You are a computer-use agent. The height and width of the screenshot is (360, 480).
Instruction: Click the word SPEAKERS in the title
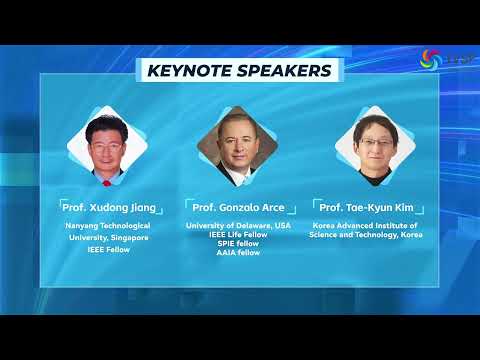[x=283, y=71]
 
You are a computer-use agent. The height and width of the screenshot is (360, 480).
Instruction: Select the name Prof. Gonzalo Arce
[x=238, y=207]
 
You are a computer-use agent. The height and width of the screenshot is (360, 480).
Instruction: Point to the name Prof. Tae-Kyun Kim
[x=367, y=207]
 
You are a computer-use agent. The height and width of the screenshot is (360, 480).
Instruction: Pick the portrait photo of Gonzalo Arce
[x=238, y=145]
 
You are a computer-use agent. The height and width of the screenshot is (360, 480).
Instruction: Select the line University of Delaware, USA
[x=238, y=226]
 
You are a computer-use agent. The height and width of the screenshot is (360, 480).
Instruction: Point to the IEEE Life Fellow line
[x=238, y=235]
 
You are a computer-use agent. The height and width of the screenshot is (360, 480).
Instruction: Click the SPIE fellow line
[x=238, y=244]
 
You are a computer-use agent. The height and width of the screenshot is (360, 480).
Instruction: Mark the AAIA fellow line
[x=238, y=253]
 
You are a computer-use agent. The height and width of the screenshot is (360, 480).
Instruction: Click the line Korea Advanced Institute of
[x=367, y=227]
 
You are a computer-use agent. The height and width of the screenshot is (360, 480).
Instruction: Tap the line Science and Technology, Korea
[x=367, y=236]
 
